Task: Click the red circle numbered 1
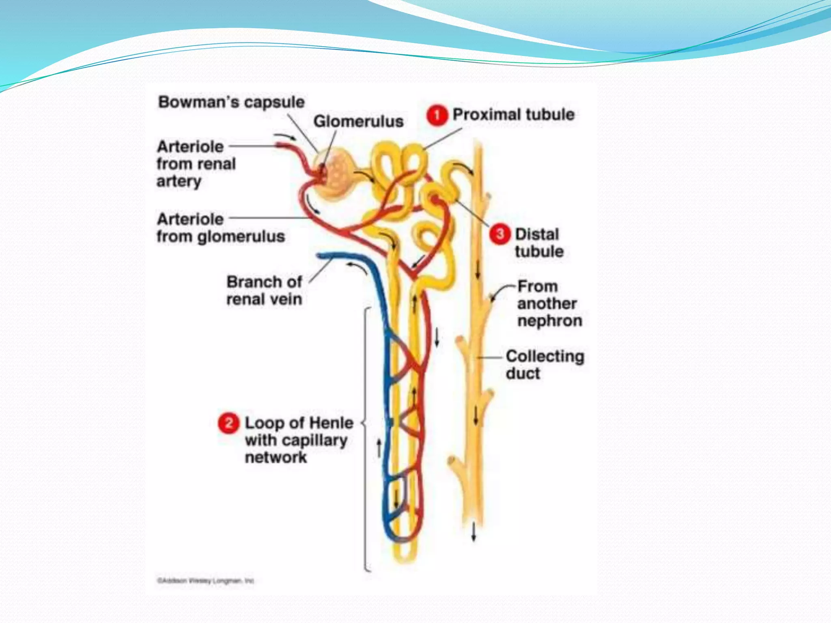[437, 116]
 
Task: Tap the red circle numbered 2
[228, 423]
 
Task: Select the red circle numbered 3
[499, 234]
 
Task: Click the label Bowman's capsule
[231, 102]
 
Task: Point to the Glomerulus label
[358, 121]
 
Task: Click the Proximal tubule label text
[513, 115]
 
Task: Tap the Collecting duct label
[545, 365]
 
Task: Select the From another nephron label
[549, 303]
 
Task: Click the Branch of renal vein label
[264, 290]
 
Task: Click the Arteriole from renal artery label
[196, 164]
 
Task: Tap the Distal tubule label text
[539, 243]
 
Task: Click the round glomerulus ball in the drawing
[336, 175]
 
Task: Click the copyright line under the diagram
[205, 581]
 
